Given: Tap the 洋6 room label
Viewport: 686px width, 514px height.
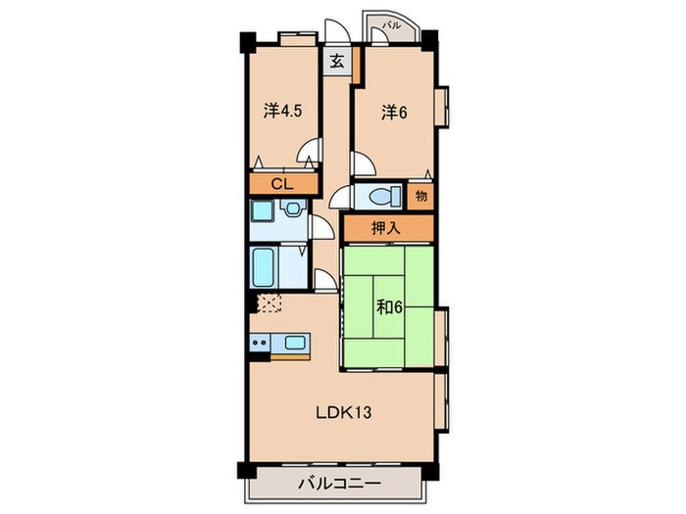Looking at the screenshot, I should [x=393, y=113].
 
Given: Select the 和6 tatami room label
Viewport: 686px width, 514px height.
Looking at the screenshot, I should [x=389, y=305].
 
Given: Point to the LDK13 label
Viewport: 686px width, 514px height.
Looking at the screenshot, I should [x=341, y=412].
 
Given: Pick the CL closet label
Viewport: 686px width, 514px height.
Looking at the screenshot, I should [x=282, y=183].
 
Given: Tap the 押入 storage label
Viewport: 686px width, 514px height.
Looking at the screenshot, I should [x=385, y=227].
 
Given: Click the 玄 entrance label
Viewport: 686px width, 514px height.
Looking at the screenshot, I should [x=336, y=61].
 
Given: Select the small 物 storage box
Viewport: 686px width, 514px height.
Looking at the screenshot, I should [x=419, y=195].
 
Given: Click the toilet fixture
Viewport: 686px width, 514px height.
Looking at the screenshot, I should [x=380, y=195].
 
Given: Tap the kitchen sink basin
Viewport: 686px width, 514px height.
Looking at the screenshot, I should [x=293, y=343].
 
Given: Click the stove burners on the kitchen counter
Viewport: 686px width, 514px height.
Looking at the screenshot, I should [x=260, y=343].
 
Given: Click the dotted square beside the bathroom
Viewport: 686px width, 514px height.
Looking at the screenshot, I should [x=269, y=303].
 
